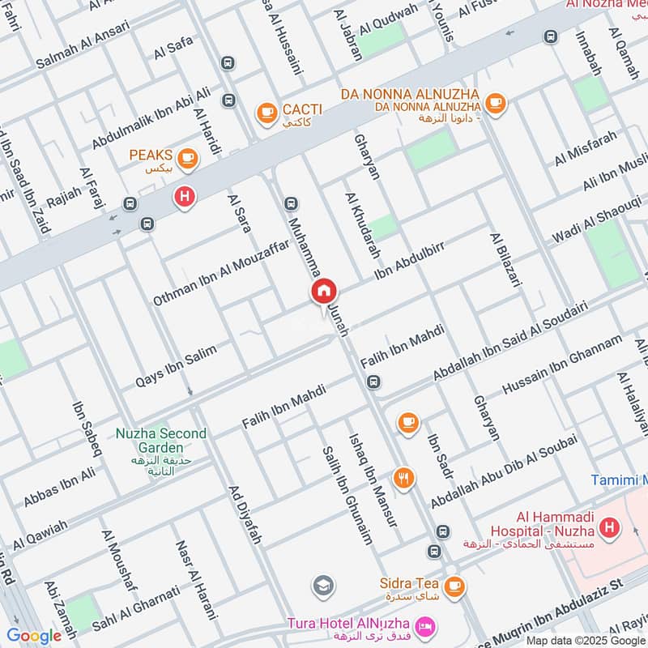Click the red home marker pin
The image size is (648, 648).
[324, 291]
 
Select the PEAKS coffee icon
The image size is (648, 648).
[187, 157]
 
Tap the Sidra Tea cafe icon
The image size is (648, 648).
[454, 584]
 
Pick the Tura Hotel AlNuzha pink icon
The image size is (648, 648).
[423, 626]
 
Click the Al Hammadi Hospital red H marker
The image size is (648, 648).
[608, 531]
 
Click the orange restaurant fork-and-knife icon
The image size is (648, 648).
[403, 478]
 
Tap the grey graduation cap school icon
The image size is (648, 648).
[322, 585]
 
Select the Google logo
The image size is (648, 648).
[34, 635]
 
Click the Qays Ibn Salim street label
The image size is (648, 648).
[177, 365]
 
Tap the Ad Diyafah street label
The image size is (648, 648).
[246, 515]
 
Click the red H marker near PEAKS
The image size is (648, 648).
[185, 196]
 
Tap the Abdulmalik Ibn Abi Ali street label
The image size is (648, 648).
[151, 118]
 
